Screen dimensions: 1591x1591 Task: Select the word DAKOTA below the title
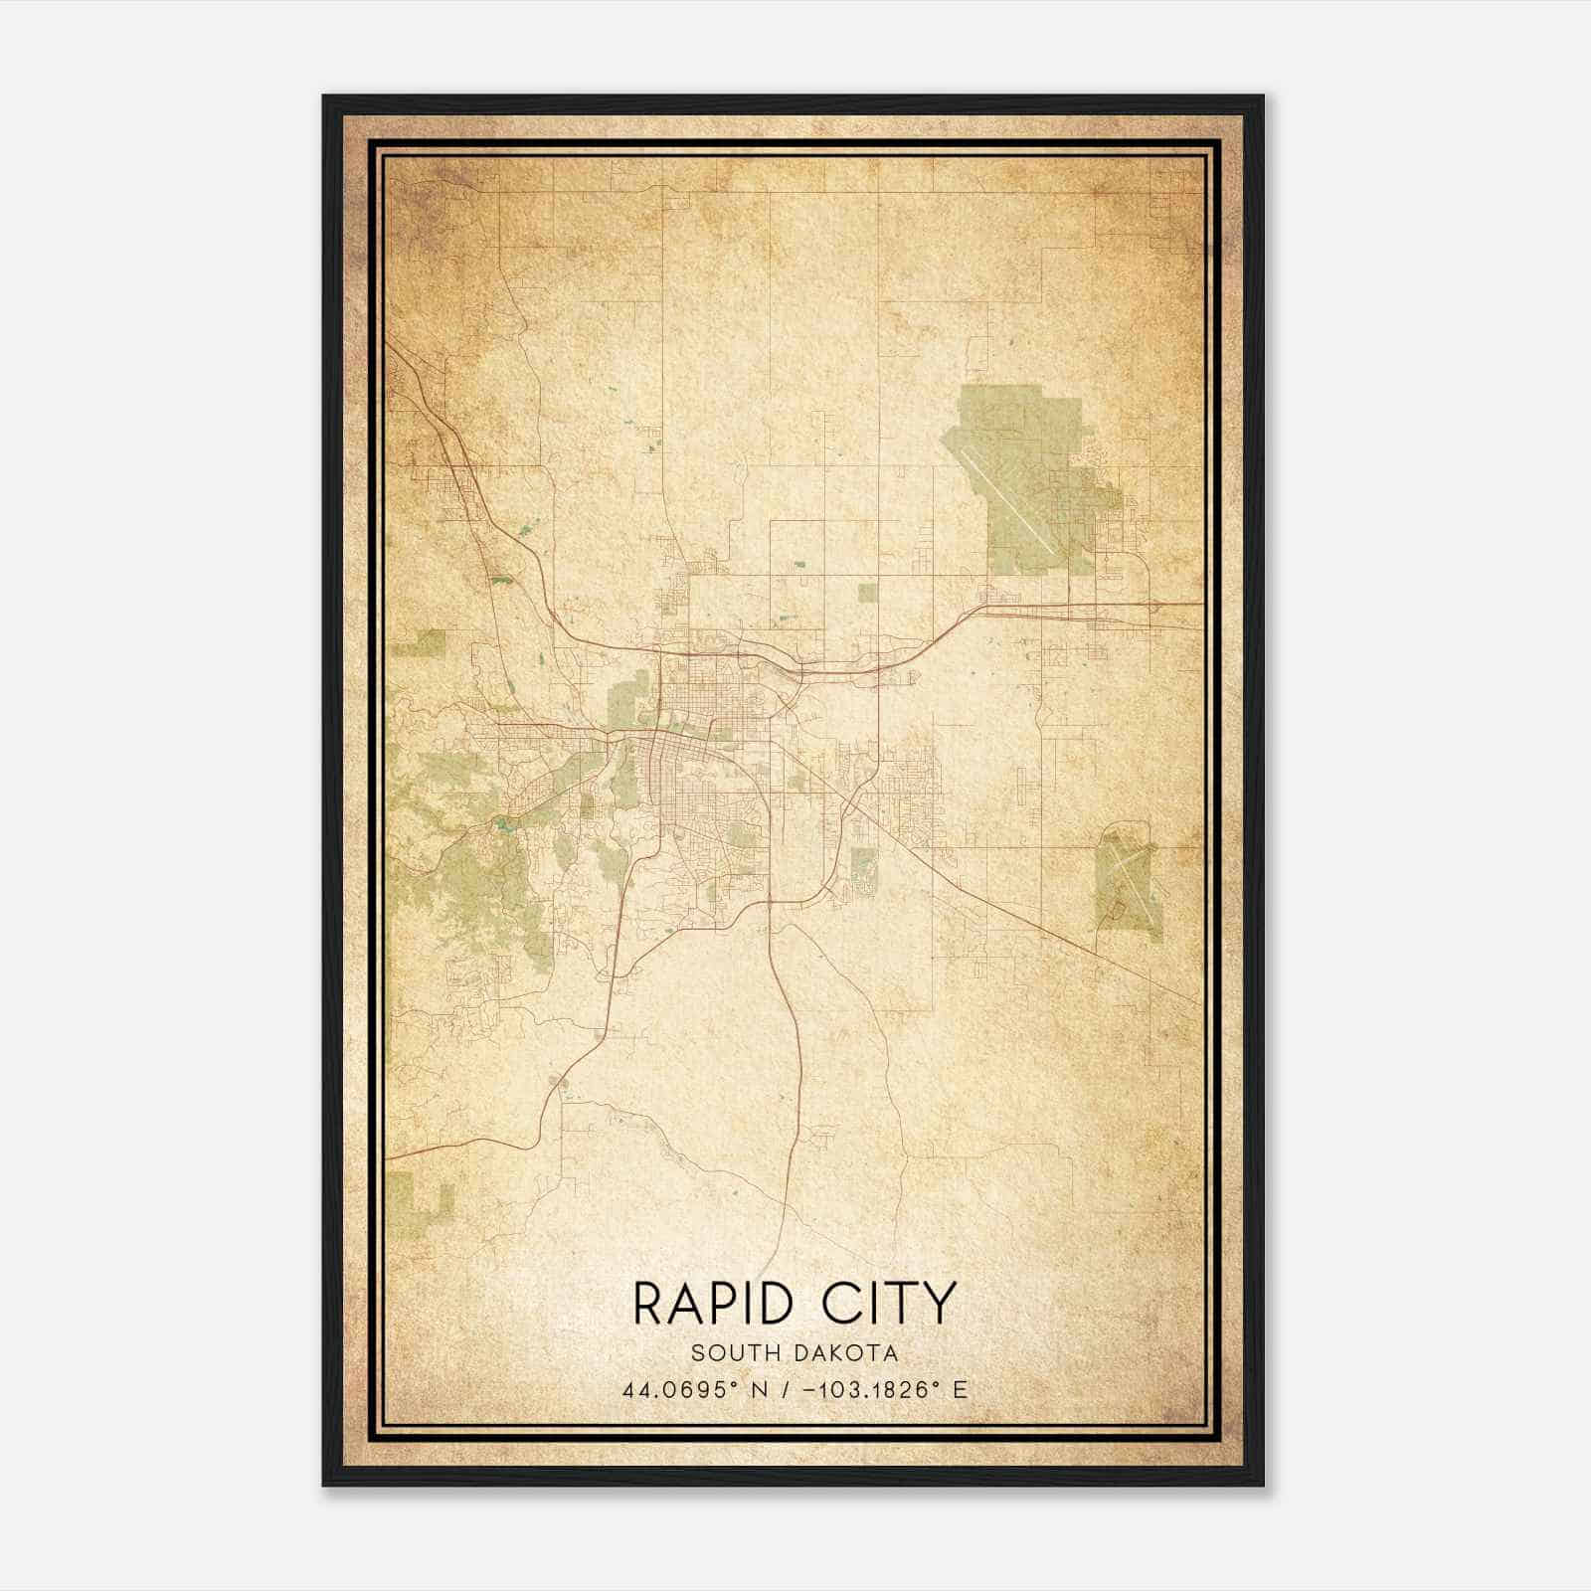[x=846, y=1353]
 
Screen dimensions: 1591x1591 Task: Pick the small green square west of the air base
[x=868, y=594]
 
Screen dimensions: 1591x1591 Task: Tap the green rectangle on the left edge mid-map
[x=418, y=644]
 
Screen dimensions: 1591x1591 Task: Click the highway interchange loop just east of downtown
[x=791, y=673]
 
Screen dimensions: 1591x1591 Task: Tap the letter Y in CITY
[x=938, y=1304]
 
